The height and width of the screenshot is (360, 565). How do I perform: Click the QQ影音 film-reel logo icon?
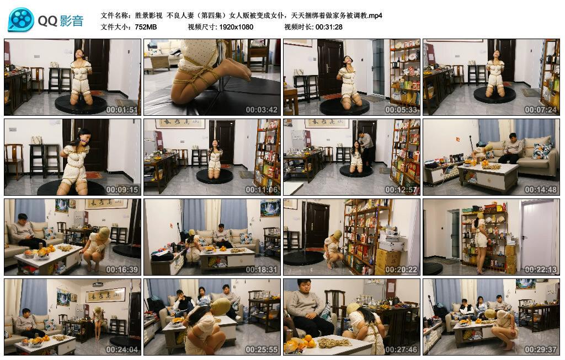click(x=21, y=20)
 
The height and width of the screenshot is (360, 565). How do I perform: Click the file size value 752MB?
click(x=146, y=27)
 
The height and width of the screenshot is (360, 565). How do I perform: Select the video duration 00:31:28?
click(x=329, y=27)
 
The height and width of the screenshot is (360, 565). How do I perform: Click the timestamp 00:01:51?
click(x=122, y=110)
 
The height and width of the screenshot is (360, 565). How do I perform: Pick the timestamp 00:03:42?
click(x=262, y=110)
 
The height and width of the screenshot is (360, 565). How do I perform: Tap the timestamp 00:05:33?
click(x=401, y=110)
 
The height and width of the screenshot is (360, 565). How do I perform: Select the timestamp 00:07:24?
click(x=541, y=110)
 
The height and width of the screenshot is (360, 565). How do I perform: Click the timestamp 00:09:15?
click(x=122, y=190)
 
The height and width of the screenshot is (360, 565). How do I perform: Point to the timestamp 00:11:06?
click(x=262, y=190)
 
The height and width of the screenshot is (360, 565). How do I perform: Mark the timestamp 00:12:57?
click(x=401, y=190)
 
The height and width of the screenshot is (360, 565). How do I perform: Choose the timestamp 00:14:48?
click(x=541, y=190)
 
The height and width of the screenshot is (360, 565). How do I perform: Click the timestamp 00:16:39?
click(x=122, y=270)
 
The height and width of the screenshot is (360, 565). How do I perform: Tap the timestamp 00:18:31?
click(x=262, y=270)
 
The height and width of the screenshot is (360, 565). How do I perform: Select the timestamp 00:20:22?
click(x=401, y=270)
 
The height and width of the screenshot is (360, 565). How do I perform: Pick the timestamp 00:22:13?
click(x=541, y=270)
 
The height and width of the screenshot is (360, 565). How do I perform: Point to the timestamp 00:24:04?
click(x=122, y=350)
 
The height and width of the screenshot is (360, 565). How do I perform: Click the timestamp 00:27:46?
click(x=401, y=350)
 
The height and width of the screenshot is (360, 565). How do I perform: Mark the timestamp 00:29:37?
click(x=541, y=350)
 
